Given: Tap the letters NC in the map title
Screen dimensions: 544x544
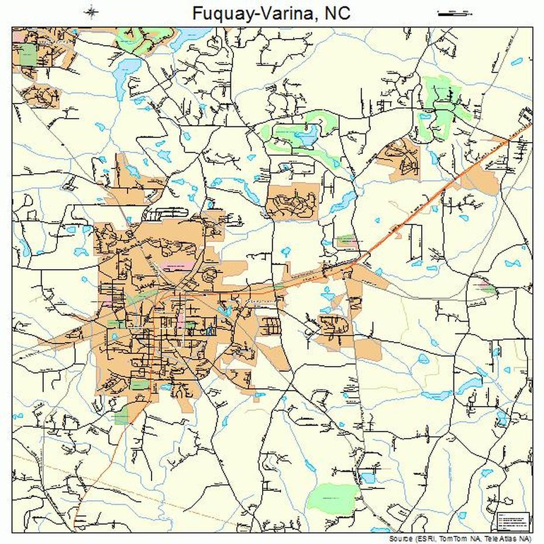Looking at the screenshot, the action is pyautogui.click(x=337, y=12).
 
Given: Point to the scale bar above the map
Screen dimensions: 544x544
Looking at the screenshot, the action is pyautogui.click(x=455, y=13).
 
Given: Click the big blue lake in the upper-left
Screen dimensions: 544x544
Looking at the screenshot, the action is pyautogui.click(x=126, y=73).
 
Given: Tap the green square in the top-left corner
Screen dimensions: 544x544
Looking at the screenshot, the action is pyautogui.click(x=27, y=57).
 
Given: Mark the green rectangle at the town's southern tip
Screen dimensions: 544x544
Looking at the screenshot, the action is pyautogui.click(x=122, y=416).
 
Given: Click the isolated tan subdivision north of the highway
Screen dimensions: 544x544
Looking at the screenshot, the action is pyautogui.click(x=293, y=202).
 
